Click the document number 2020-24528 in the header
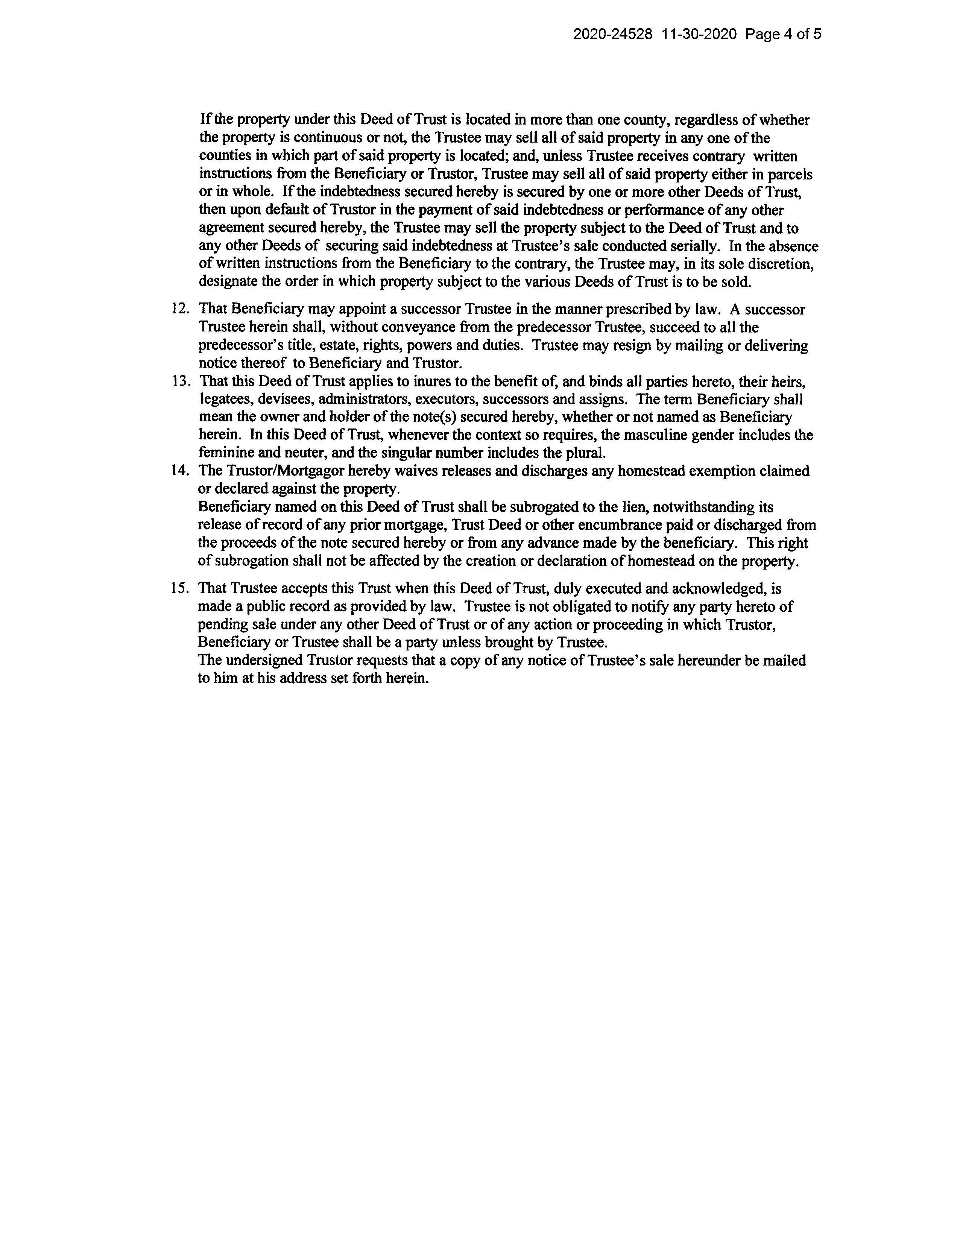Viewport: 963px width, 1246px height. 612,35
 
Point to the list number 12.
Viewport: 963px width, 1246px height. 180,309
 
